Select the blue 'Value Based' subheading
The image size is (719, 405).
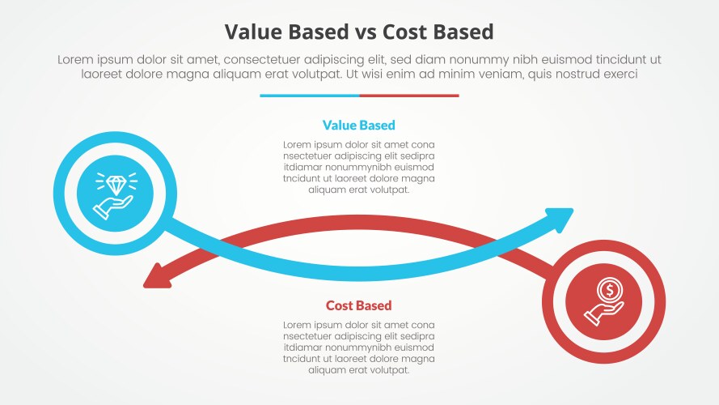(358, 126)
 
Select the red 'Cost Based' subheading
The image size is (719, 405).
(358, 305)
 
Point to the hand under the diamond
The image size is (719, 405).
(113, 206)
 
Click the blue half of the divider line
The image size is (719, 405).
(309, 96)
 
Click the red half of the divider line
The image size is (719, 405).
(409, 96)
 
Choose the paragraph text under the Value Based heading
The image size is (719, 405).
(358, 167)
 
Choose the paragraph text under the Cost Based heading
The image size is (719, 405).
(358, 347)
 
